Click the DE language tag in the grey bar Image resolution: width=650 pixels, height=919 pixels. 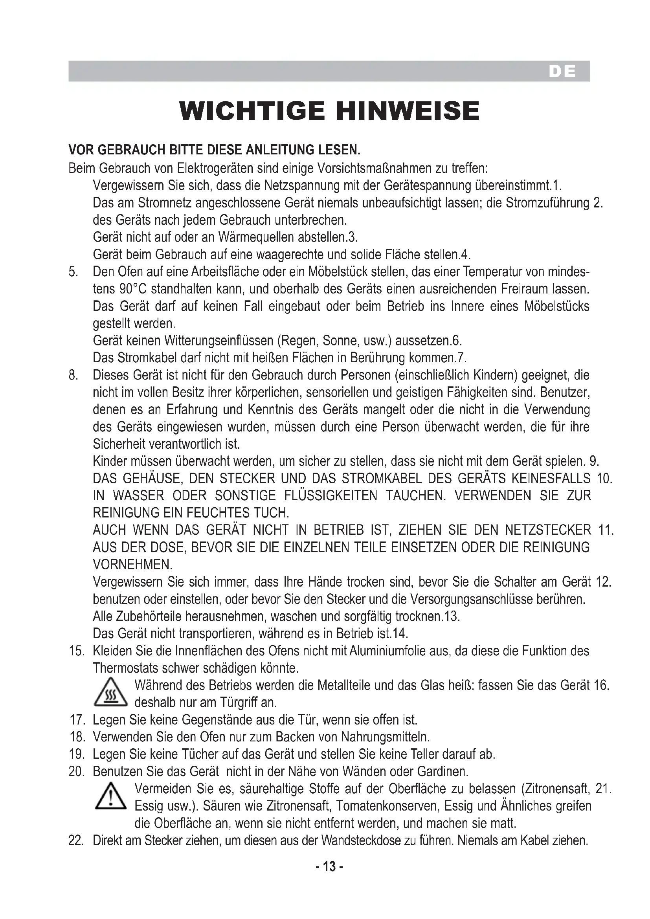point(562,72)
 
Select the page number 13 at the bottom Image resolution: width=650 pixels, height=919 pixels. point(329,867)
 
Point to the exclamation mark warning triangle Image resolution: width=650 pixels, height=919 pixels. point(110,797)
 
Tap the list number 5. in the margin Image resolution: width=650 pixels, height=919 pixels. point(73,272)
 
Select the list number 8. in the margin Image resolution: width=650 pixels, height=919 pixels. point(73,375)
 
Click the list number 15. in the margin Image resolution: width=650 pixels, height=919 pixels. point(77,651)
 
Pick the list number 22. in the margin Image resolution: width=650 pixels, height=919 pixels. point(77,840)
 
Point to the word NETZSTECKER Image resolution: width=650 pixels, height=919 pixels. point(548,530)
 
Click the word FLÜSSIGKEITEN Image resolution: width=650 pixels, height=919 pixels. point(331,495)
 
